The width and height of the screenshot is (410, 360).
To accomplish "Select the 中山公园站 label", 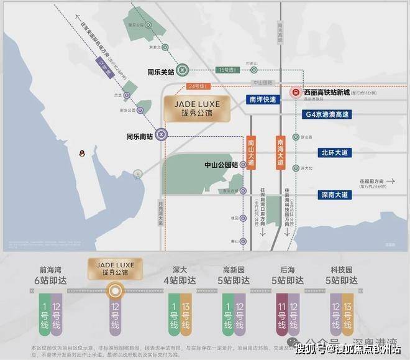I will tap(222, 165).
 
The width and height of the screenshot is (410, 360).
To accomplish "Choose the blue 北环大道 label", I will tap(335, 152).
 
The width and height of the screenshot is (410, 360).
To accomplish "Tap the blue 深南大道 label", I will tap(335, 195).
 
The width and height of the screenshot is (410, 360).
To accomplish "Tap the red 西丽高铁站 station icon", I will tap(295, 94).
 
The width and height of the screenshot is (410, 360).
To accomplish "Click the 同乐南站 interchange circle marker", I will tap(161, 132).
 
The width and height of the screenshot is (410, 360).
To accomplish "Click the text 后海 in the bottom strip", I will tap(287, 269).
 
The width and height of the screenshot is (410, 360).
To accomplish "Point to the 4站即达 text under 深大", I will tap(178, 280).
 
